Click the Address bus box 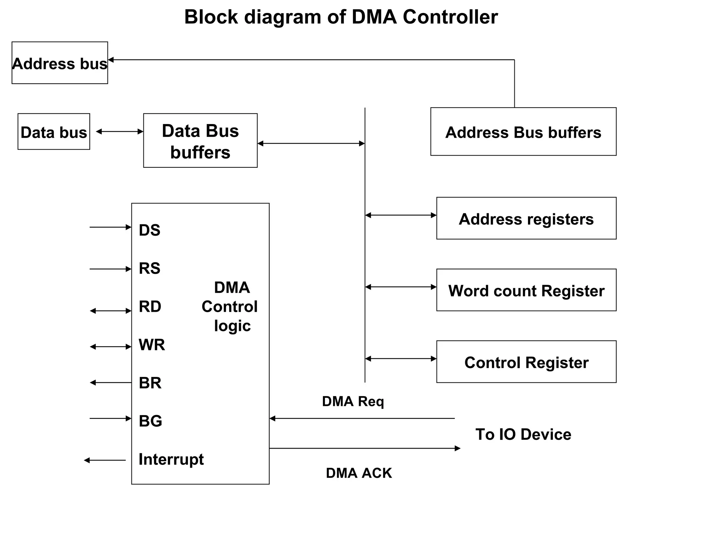60,63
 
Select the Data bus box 54,132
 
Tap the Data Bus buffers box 200,140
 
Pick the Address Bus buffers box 523,132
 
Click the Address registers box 526,219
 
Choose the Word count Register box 526,290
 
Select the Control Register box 526,362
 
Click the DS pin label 149,230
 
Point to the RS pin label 149,268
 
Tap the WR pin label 151,345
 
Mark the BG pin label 150,421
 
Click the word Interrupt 171,459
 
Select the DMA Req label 353,401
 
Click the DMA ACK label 358,473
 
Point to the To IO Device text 523,434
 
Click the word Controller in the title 450,17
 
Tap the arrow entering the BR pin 110,383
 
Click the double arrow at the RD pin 110,311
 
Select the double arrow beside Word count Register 401,287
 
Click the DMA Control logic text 230,306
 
